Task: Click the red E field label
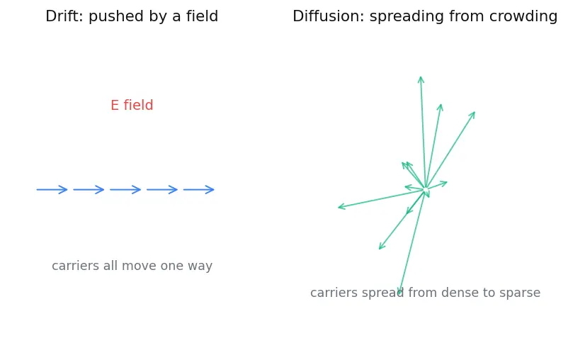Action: (x=132, y=105)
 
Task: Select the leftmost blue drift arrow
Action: (x=52, y=189)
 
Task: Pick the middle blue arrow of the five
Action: (x=125, y=189)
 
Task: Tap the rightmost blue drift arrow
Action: (x=198, y=189)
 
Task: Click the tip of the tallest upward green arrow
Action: (x=421, y=77)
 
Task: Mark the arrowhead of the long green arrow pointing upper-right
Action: (x=475, y=113)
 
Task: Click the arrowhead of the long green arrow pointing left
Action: (x=339, y=208)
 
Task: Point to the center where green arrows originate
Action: (x=426, y=189)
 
